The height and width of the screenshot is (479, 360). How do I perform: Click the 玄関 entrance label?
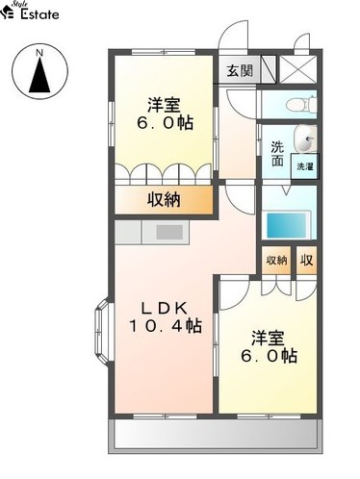point(240,70)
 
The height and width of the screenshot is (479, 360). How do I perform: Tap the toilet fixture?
point(301,104)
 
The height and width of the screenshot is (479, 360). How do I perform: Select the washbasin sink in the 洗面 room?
point(305,139)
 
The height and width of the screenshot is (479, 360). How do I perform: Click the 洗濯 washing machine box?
point(305,166)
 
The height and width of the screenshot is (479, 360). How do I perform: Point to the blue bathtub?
point(285,224)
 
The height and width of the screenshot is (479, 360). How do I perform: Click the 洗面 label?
point(277,154)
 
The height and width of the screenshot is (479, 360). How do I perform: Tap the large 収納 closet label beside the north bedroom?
point(164,200)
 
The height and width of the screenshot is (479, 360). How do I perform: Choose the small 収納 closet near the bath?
point(276,261)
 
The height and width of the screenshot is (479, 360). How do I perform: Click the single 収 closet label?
point(306,260)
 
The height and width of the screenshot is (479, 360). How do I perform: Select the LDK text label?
point(165,309)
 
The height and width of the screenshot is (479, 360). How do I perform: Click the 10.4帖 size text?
point(166,326)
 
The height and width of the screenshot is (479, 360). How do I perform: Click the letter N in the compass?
point(39,53)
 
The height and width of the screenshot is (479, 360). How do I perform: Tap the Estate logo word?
point(39,13)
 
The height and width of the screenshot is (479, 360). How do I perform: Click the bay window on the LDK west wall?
point(103,332)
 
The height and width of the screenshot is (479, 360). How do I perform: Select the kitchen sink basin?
point(169,232)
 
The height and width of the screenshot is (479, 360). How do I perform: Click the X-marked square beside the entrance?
point(298,70)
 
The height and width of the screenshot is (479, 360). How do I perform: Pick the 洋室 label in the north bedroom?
point(164,105)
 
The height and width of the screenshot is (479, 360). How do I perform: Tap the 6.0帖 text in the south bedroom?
point(269,356)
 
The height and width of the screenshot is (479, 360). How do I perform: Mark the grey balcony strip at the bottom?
point(215,436)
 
